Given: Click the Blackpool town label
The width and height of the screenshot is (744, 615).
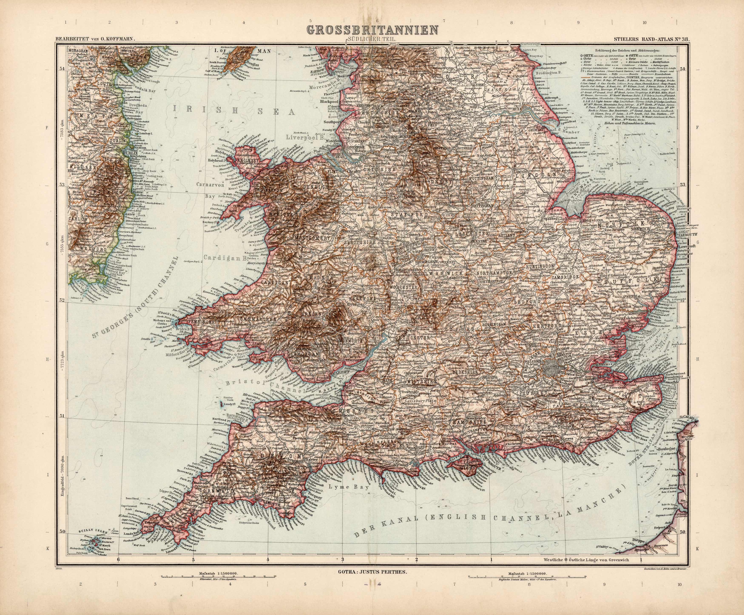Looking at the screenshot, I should tap(329, 101).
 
